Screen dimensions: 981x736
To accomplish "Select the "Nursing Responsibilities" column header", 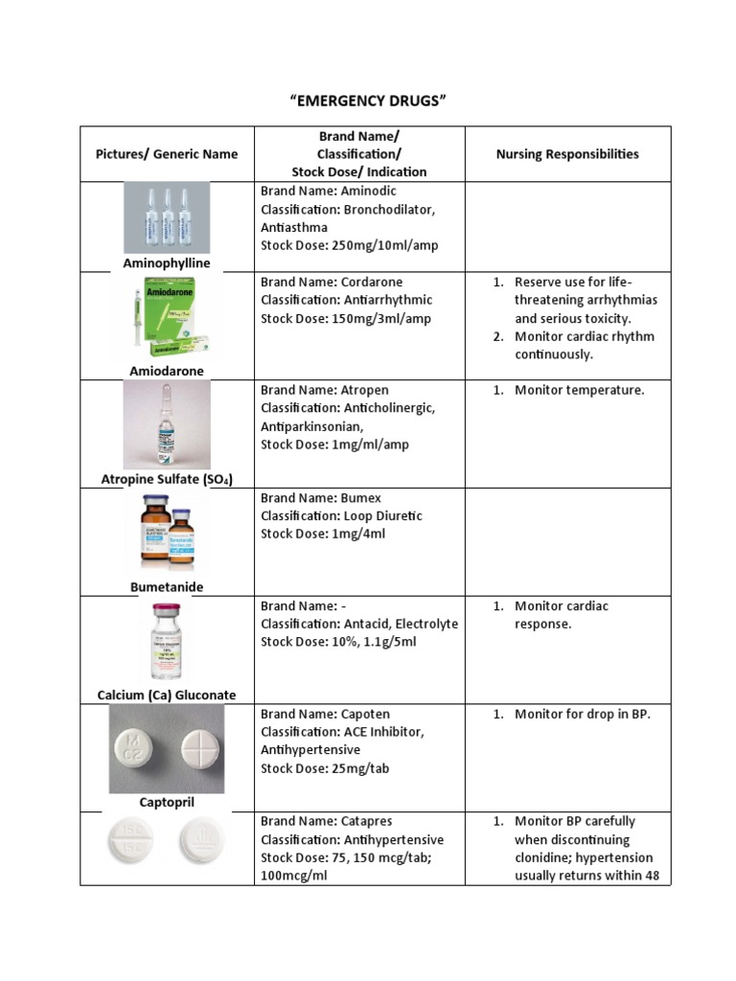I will (x=567, y=153).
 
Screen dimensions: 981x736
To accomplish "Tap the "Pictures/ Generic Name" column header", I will (x=167, y=153).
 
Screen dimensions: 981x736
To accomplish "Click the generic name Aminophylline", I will (x=167, y=262).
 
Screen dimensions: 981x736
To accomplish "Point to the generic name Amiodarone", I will (x=167, y=370).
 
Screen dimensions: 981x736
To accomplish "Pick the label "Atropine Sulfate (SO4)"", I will (x=167, y=478).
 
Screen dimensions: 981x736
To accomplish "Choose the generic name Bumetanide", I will (x=167, y=586).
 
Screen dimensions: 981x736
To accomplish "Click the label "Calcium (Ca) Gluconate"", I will (x=167, y=695).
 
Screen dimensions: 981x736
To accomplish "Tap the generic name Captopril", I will (x=167, y=802).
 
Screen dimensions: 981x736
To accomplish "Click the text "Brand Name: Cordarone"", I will (x=332, y=282).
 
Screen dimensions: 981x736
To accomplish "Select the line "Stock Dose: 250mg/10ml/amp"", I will (x=349, y=245).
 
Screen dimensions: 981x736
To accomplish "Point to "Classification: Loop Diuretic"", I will (x=341, y=515).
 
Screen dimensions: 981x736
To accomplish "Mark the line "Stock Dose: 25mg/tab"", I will (x=325, y=768).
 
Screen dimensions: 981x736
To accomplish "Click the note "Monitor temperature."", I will (x=579, y=390).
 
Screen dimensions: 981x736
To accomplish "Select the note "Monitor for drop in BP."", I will (x=582, y=714).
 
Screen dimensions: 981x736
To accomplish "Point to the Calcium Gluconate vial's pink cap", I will (x=166, y=609).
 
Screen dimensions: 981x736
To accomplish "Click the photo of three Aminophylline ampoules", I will (x=166, y=218).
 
